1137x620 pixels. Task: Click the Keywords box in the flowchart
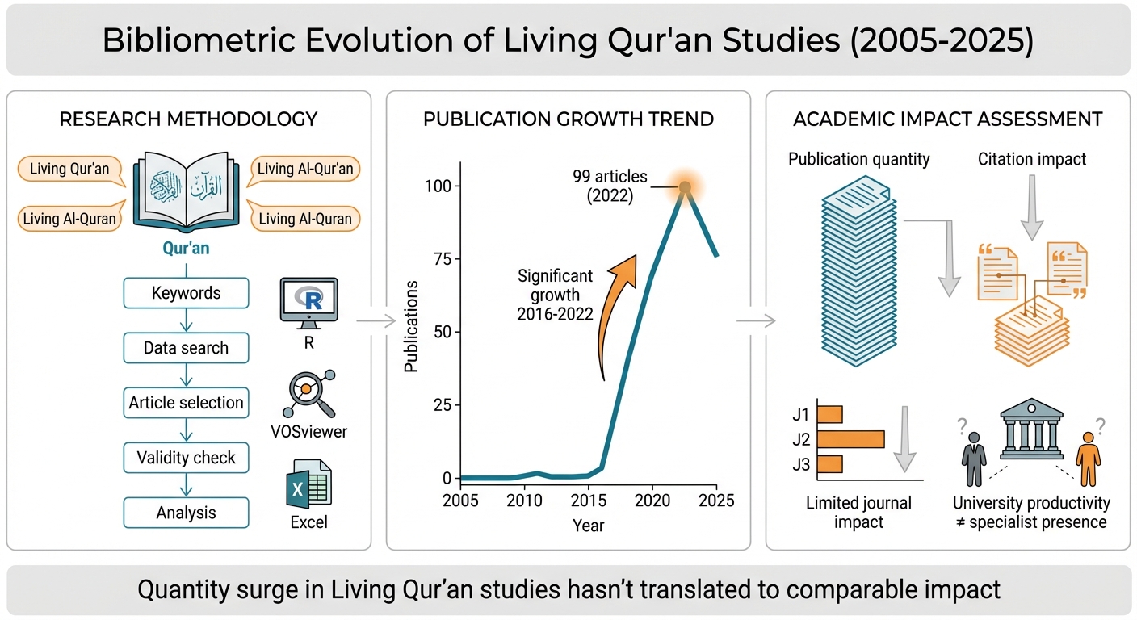(x=186, y=293)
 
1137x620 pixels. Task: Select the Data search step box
(x=186, y=348)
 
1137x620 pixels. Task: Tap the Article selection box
(x=186, y=402)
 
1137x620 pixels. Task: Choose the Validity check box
(x=186, y=457)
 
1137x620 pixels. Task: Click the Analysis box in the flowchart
(x=186, y=513)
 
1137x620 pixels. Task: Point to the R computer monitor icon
(x=308, y=303)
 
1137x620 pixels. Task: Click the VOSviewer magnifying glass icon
(x=309, y=394)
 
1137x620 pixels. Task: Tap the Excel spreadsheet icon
(x=308, y=484)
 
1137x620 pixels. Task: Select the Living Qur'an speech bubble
(x=70, y=169)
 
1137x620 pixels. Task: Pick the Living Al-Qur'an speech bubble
(x=304, y=169)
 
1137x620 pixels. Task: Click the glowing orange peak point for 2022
(x=685, y=187)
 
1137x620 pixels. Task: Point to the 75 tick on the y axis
(x=458, y=259)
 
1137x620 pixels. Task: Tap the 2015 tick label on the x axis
(x=589, y=501)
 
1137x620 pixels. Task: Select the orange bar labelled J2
(x=850, y=439)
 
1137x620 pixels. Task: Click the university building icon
(x=1031, y=429)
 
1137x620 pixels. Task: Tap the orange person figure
(x=1089, y=459)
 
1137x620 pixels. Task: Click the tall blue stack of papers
(x=859, y=271)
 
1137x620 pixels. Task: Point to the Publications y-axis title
(x=411, y=326)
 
